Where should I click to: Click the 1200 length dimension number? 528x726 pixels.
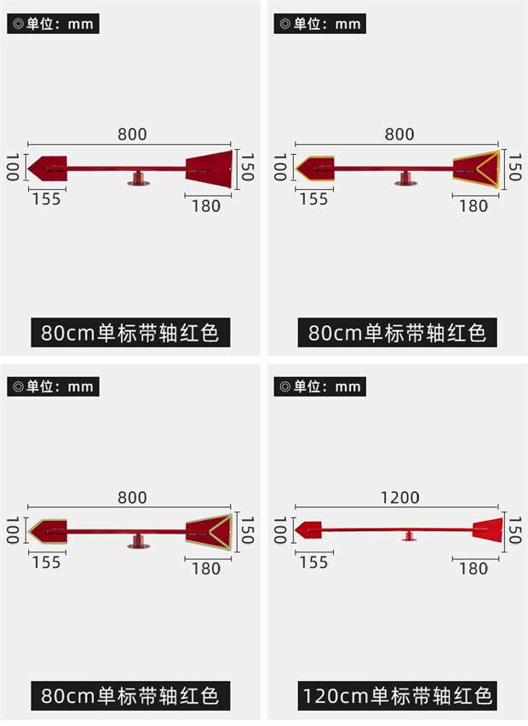(399, 498)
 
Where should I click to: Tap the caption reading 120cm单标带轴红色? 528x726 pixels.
(398, 696)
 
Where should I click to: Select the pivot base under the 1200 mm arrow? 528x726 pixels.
(410, 536)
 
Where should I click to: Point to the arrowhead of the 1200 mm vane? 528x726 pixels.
(308, 529)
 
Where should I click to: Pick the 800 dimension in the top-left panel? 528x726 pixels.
(132, 134)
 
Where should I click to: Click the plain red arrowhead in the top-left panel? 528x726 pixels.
(47, 167)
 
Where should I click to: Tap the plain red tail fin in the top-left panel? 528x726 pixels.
(209, 168)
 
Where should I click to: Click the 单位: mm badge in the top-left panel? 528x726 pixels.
(53, 24)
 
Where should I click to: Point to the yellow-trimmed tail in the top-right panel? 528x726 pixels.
(476, 168)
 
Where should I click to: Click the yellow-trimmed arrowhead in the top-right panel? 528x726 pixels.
(314, 167)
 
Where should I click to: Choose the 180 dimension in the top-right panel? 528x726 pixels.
(473, 206)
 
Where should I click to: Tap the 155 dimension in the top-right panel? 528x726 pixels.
(313, 199)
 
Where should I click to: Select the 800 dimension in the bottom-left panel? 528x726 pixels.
(132, 498)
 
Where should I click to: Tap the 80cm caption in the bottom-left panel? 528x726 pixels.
(130, 696)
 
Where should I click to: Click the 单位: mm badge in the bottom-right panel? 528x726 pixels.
(319, 387)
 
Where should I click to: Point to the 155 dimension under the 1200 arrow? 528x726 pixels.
(313, 563)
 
